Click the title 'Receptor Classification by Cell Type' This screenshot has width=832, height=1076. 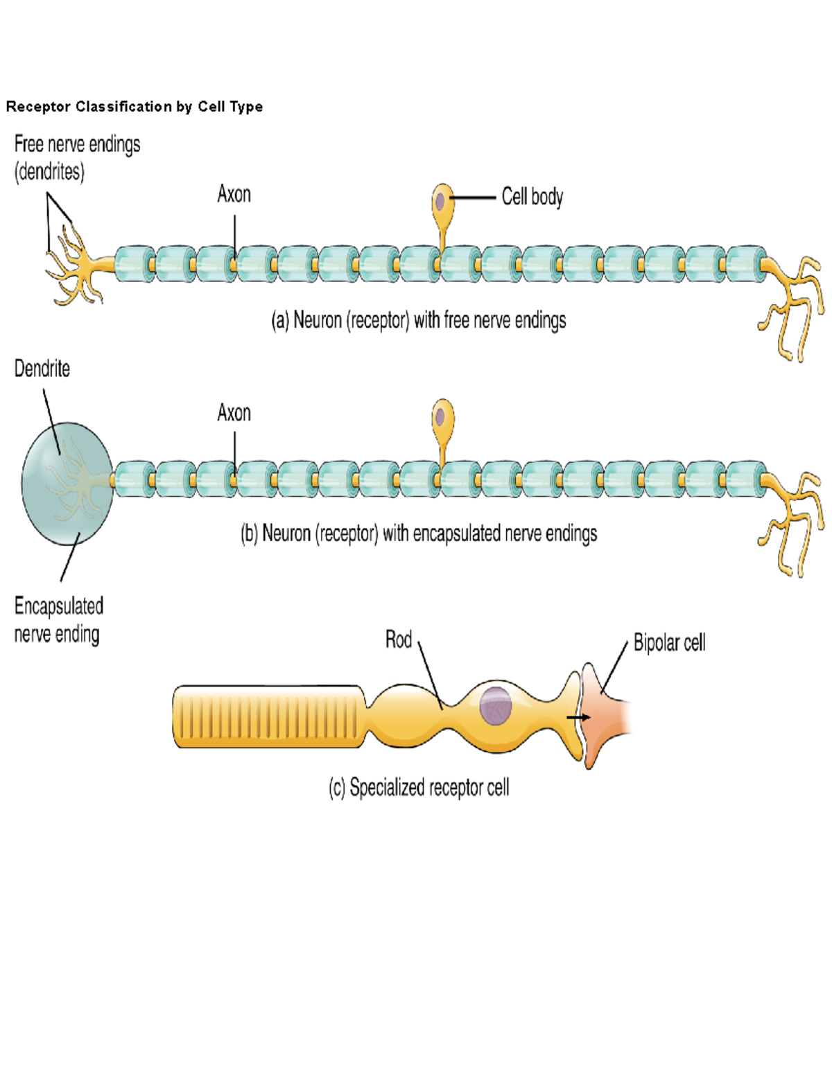click(135, 107)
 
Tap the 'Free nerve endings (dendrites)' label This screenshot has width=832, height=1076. click(77, 157)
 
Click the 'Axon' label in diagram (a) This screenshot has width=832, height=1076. click(234, 194)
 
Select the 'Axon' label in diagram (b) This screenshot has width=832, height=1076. click(234, 413)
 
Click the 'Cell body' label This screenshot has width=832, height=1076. click(532, 197)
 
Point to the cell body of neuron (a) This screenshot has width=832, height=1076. click(442, 202)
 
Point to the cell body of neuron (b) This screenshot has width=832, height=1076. click(442, 418)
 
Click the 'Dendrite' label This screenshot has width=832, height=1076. click(42, 369)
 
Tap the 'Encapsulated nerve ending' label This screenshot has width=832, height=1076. click(58, 619)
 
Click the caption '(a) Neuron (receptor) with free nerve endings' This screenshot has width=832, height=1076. click(418, 320)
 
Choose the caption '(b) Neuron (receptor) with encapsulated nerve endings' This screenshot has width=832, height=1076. click(418, 533)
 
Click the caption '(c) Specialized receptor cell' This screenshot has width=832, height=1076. click(419, 788)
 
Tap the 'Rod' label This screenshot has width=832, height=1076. click(398, 640)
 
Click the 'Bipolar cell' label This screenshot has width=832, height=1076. click(669, 643)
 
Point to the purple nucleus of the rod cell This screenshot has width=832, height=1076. click(495, 706)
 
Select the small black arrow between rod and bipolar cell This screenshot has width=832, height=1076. click(578, 718)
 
